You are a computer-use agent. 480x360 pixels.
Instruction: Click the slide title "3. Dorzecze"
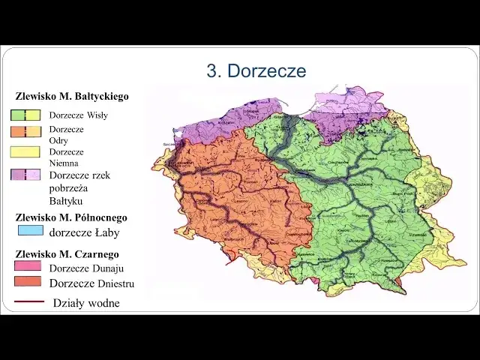[256, 70]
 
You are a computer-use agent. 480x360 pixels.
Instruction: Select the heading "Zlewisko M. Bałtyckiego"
[72, 97]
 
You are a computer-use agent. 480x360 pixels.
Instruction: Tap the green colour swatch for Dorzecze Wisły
[25, 115]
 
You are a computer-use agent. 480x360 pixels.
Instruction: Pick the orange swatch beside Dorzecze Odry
[25, 131]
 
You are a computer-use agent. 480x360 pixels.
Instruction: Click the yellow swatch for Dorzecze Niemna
[25, 151]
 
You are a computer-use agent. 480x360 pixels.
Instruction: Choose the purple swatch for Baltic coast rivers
[25, 174]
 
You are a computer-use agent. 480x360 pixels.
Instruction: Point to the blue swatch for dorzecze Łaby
[31, 230]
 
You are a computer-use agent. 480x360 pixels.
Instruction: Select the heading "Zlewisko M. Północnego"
[71, 217]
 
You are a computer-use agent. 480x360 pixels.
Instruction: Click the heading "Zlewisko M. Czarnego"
[67, 254]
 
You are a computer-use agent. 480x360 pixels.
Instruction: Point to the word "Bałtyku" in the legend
[66, 201]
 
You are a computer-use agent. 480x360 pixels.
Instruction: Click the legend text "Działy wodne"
[86, 304]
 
